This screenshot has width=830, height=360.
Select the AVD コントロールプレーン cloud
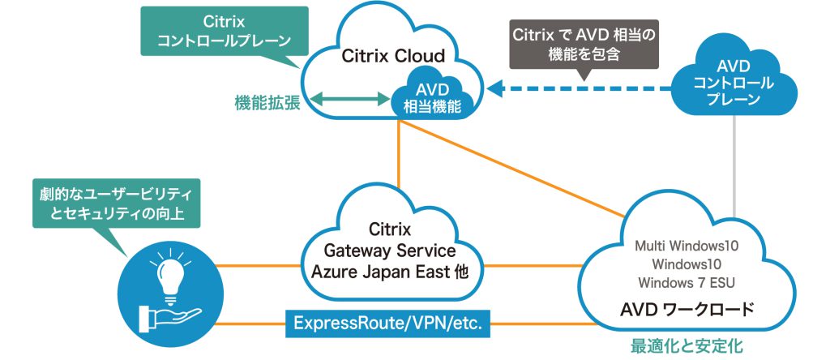[734, 82]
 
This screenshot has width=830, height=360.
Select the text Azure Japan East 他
[390, 272]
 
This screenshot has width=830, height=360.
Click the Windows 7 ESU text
[687, 282]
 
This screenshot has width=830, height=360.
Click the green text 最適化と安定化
[687, 346]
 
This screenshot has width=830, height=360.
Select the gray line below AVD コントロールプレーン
[735, 162]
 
